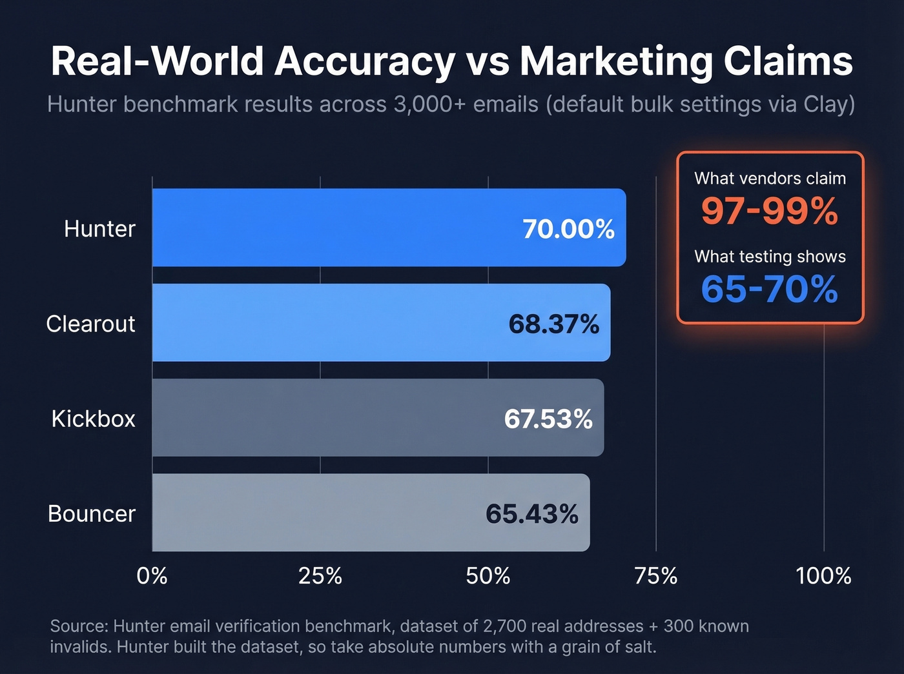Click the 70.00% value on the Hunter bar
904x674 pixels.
pos(568,229)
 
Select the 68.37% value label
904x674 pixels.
pos(553,324)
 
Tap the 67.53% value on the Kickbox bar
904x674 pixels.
pos(548,419)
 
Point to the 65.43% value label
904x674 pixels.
pos(531,514)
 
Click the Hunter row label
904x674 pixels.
pos(99,229)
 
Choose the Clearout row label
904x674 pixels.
pos(90,324)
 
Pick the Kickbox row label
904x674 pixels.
pos(93,419)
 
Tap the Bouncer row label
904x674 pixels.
pos(91,514)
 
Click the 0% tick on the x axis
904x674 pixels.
pos(152,575)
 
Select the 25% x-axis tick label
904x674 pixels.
pos(320,575)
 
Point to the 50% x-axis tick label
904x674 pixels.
pos(488,575)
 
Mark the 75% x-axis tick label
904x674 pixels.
pos(656,575)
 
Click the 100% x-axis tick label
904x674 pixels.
pos(823,575)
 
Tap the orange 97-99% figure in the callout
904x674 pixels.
pos(770,211)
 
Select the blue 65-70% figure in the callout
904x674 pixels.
pos(770,289)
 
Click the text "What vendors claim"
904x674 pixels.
pos(770,179)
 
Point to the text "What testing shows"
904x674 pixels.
pos(770,257)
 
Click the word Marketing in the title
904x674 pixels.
pos(616,62)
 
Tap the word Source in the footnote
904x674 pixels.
pos(78,626)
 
